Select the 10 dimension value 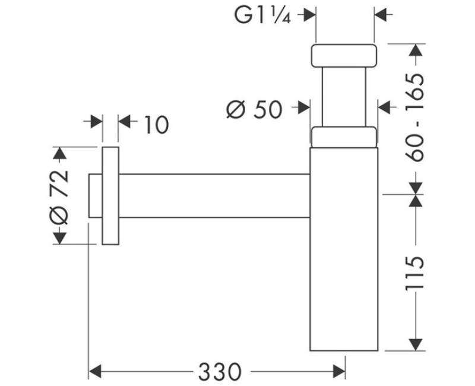pyautogui.click(x=156, y=125)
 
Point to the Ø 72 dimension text pyautogui.click(x=59, y=197)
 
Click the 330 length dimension pyautogui.click(x=220, y=372)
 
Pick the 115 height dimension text pyautogui.click(x=414, y=274)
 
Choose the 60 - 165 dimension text pyautogui.click(x=414, y=118)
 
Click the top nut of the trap pyautogui.click(x=344, y=55)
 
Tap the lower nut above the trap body pyautogui.click(x=344, y=137)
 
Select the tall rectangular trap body pyautogui.click(x=344, y=249)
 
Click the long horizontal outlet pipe pyautogui.click(x=214, y=196)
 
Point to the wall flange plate pyautogui.click(x=110, y=196)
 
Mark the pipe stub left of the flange pyautogui.click(x=96, y=196)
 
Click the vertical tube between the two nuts pyautogui.click(x=344, y=97)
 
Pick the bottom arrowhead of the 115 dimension pyautogui.click(x=415, y=344)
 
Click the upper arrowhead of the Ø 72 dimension pyautogui.click(x=60, y=153)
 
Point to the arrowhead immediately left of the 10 pyautogui.click(x=96, y=122)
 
